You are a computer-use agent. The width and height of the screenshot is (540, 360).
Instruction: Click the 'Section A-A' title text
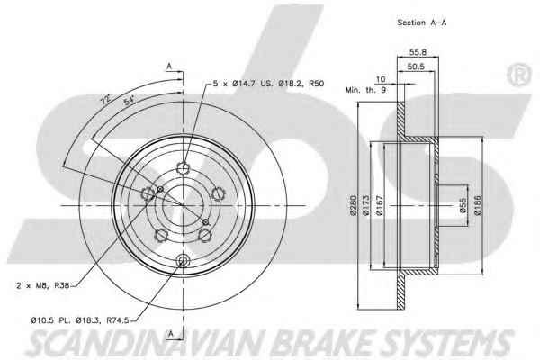(x=422, y=22)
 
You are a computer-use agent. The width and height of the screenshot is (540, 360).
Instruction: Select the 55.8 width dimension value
(x=418, y=52)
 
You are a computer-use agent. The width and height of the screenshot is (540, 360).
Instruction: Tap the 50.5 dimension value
(x=416, y=67)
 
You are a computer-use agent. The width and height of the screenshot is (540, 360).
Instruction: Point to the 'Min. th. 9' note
(x=365, y=90)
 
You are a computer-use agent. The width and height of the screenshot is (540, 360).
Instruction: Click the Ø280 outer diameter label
(x=353, y=206)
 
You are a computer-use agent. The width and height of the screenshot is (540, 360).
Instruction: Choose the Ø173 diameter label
(x=365, y=206)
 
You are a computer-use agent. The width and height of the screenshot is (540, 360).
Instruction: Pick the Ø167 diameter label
(x=379, y=206)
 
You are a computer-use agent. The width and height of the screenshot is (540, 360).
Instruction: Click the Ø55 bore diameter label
(x=463, y=206)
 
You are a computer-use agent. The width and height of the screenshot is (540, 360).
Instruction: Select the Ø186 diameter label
(x=477, y=206)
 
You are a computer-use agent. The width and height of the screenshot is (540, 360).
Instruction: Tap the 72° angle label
(x=105, y=100)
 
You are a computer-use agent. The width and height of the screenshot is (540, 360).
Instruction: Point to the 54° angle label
(x=129, y=100)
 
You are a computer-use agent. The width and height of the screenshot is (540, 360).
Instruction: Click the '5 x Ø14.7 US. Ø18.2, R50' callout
(x=268, y=84)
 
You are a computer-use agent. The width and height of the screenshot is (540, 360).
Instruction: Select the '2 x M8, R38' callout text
(x=42, y=285)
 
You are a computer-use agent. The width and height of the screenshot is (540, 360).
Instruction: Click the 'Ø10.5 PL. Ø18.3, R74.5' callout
(x=80, y=320)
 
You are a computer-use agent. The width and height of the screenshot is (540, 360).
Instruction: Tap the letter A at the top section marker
(x=169, y=66)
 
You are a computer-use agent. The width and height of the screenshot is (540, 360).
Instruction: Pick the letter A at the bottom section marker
(x=171, y=334)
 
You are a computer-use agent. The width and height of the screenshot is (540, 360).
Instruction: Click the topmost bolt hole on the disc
(x=184, y=168)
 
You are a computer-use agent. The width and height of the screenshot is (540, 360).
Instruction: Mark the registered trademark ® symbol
(x=519, y=75)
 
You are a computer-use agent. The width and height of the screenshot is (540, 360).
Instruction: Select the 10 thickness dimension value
(x=380, y=79)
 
